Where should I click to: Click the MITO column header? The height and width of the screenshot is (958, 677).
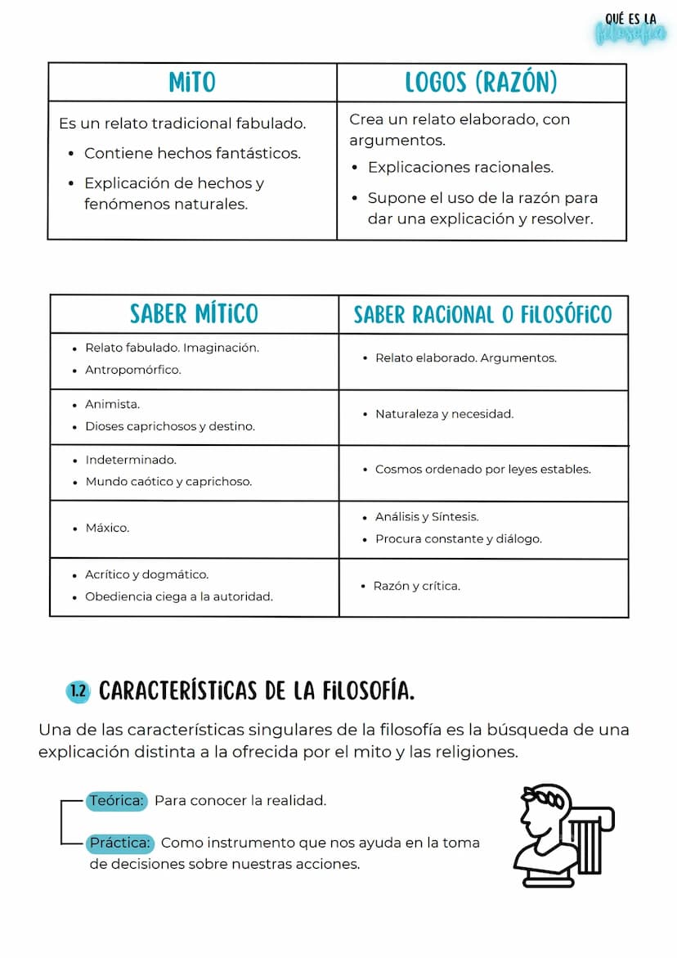point(192,82)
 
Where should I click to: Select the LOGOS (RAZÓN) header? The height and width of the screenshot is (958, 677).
point(481,82)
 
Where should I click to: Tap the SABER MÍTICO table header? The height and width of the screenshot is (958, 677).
point(194,314)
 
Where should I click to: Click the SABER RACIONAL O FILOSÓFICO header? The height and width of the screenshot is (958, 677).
point(482,315)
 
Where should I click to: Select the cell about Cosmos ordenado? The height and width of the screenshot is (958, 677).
point(482,470)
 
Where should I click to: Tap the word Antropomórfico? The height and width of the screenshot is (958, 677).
point(132,370)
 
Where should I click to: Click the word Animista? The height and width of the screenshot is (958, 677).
point(112,404)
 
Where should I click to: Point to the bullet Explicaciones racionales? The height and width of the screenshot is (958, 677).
point(460,168)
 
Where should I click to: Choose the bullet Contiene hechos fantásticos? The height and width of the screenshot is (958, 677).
point(192,153)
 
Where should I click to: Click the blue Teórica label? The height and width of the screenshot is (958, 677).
point(116,801)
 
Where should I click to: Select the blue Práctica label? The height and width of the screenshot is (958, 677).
point(120,843)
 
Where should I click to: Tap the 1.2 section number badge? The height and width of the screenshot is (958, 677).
point(78,691)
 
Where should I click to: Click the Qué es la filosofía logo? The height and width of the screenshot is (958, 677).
point(630,29)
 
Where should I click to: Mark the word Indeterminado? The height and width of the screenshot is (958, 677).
point(131,460)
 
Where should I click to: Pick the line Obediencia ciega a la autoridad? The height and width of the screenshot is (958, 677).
point(179,596)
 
